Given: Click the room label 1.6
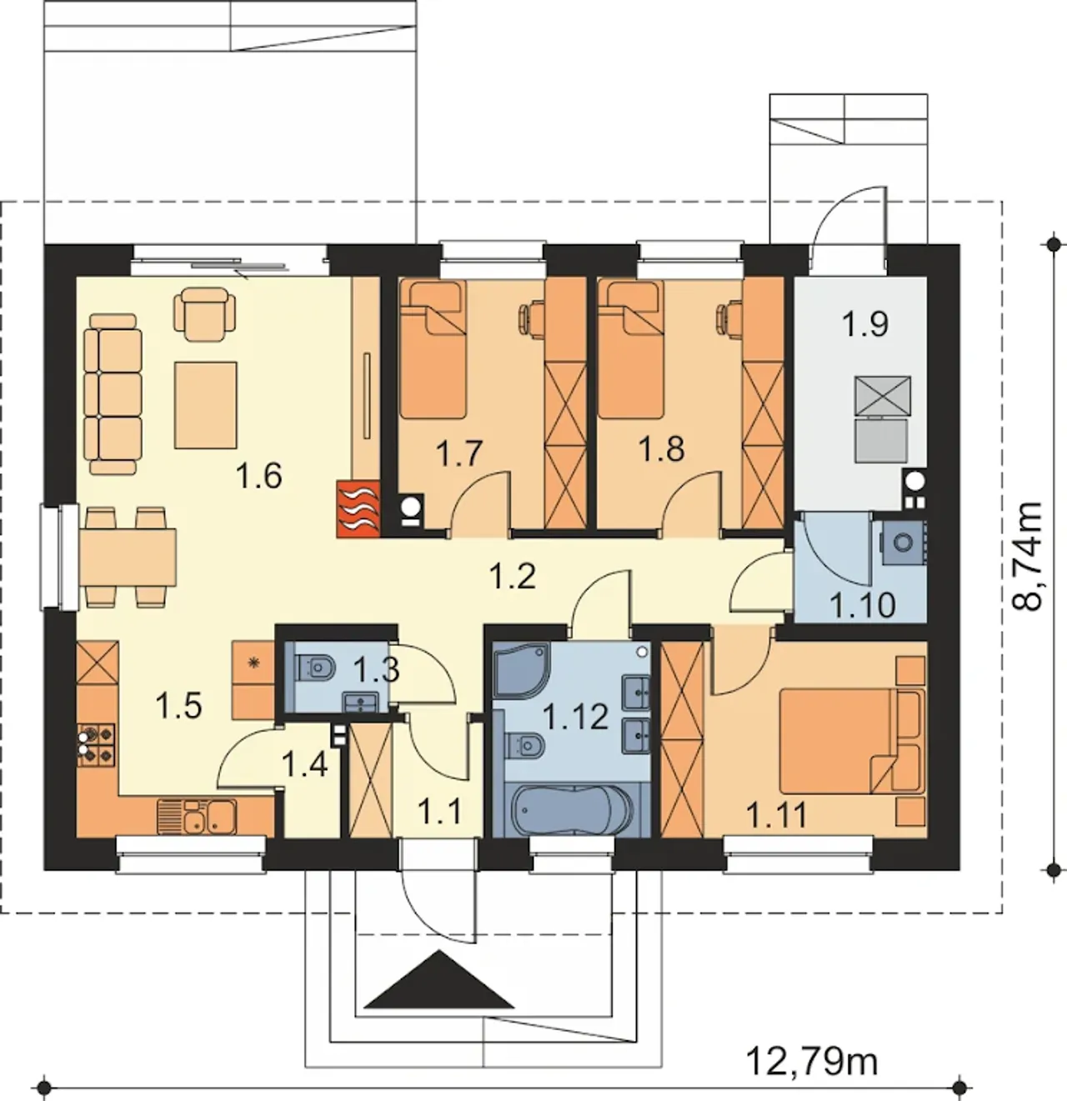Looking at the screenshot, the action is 258,476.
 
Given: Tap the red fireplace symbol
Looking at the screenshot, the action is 358,508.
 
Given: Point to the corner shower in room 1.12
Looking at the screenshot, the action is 520,669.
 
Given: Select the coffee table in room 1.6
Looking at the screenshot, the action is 205,405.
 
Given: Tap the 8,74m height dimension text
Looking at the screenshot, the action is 1027,556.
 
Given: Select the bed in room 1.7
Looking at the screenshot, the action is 433,349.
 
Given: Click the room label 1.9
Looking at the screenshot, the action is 864,324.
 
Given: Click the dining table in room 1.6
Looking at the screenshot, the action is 128,558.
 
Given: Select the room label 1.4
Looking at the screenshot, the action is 304,764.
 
